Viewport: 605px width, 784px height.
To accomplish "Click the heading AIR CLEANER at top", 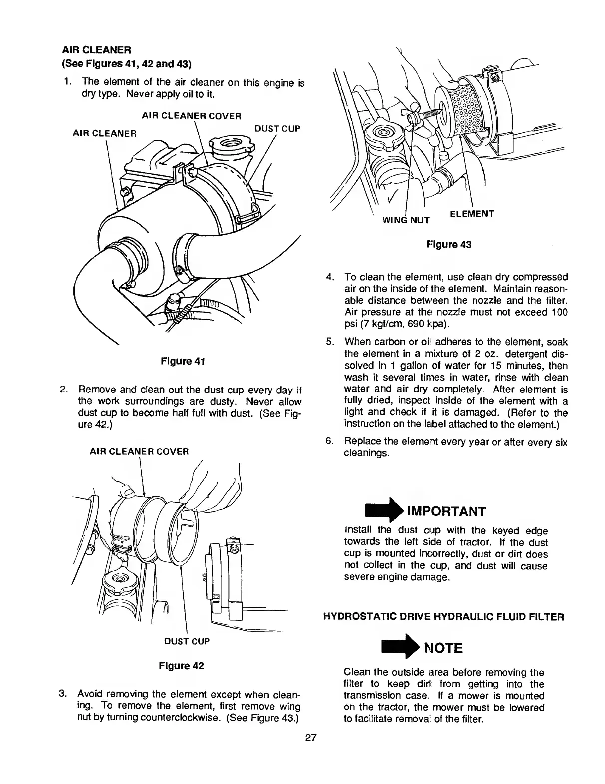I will [96, 50].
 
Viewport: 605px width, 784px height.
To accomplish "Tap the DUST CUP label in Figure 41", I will [277, 129].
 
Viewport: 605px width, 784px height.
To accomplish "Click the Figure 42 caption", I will [181, 666].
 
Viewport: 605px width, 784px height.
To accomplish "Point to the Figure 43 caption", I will [449, 244].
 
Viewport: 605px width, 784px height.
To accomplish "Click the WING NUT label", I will [406, 220].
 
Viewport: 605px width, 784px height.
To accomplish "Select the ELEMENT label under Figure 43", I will [472, 214].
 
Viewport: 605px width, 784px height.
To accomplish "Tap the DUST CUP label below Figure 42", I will [187, 641].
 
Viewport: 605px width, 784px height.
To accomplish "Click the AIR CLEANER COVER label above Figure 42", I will [139, 452].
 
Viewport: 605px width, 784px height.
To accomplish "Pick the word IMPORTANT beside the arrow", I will [446, 511].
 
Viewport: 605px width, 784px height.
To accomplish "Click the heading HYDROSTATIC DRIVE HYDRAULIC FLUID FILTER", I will [444, 617].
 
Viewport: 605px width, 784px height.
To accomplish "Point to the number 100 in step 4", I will [559, 313].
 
